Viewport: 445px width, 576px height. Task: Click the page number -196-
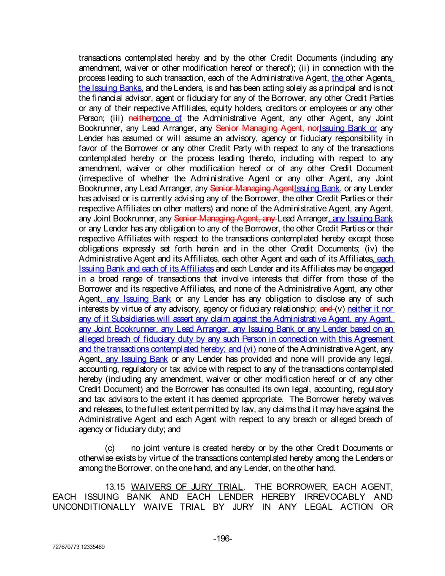222,538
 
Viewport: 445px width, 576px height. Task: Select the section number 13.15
115,487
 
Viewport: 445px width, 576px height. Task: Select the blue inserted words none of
167,118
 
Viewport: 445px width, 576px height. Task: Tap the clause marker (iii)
116,118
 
